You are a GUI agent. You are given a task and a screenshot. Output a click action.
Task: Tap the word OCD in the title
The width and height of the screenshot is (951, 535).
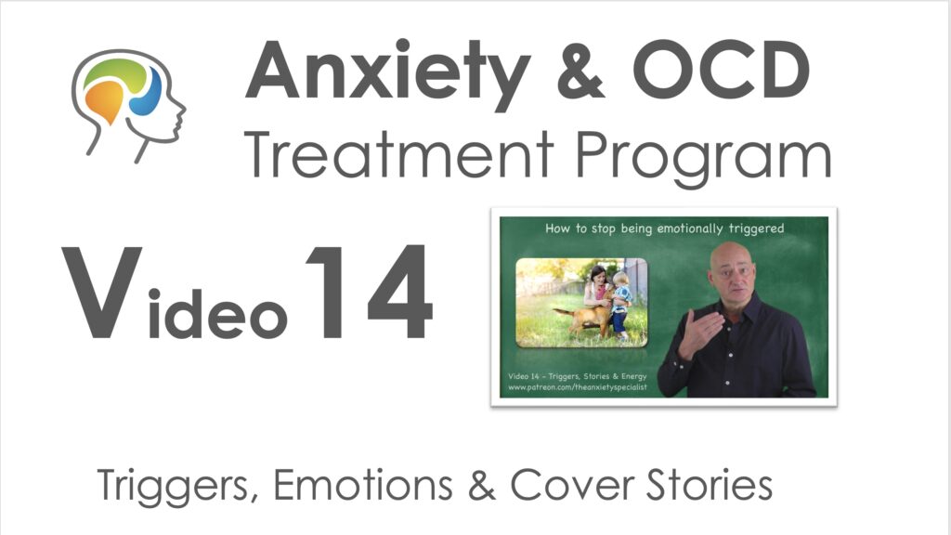click(721, 70)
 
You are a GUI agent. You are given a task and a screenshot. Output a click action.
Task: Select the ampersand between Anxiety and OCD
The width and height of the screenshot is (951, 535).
click(580, 71)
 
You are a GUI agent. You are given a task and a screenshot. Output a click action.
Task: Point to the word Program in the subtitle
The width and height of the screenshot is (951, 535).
click(703, 160)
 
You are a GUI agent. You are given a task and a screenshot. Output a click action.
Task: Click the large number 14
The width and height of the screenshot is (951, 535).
click(370, 292)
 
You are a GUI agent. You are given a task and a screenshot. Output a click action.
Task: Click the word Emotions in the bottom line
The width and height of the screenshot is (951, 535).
click(363, 485)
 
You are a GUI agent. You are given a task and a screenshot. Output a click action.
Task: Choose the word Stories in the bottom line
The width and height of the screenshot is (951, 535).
click(709, 485)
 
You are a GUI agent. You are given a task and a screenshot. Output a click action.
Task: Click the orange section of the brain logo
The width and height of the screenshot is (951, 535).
click(105, 100)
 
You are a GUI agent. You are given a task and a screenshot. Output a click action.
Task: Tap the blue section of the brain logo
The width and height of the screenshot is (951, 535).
click(148, 93)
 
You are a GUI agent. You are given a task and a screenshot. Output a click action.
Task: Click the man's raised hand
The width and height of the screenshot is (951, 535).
click(697, 331)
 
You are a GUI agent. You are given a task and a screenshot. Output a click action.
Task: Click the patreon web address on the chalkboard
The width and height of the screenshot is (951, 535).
click(578, 387)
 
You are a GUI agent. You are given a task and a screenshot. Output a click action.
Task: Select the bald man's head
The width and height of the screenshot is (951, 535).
click(733, 270)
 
